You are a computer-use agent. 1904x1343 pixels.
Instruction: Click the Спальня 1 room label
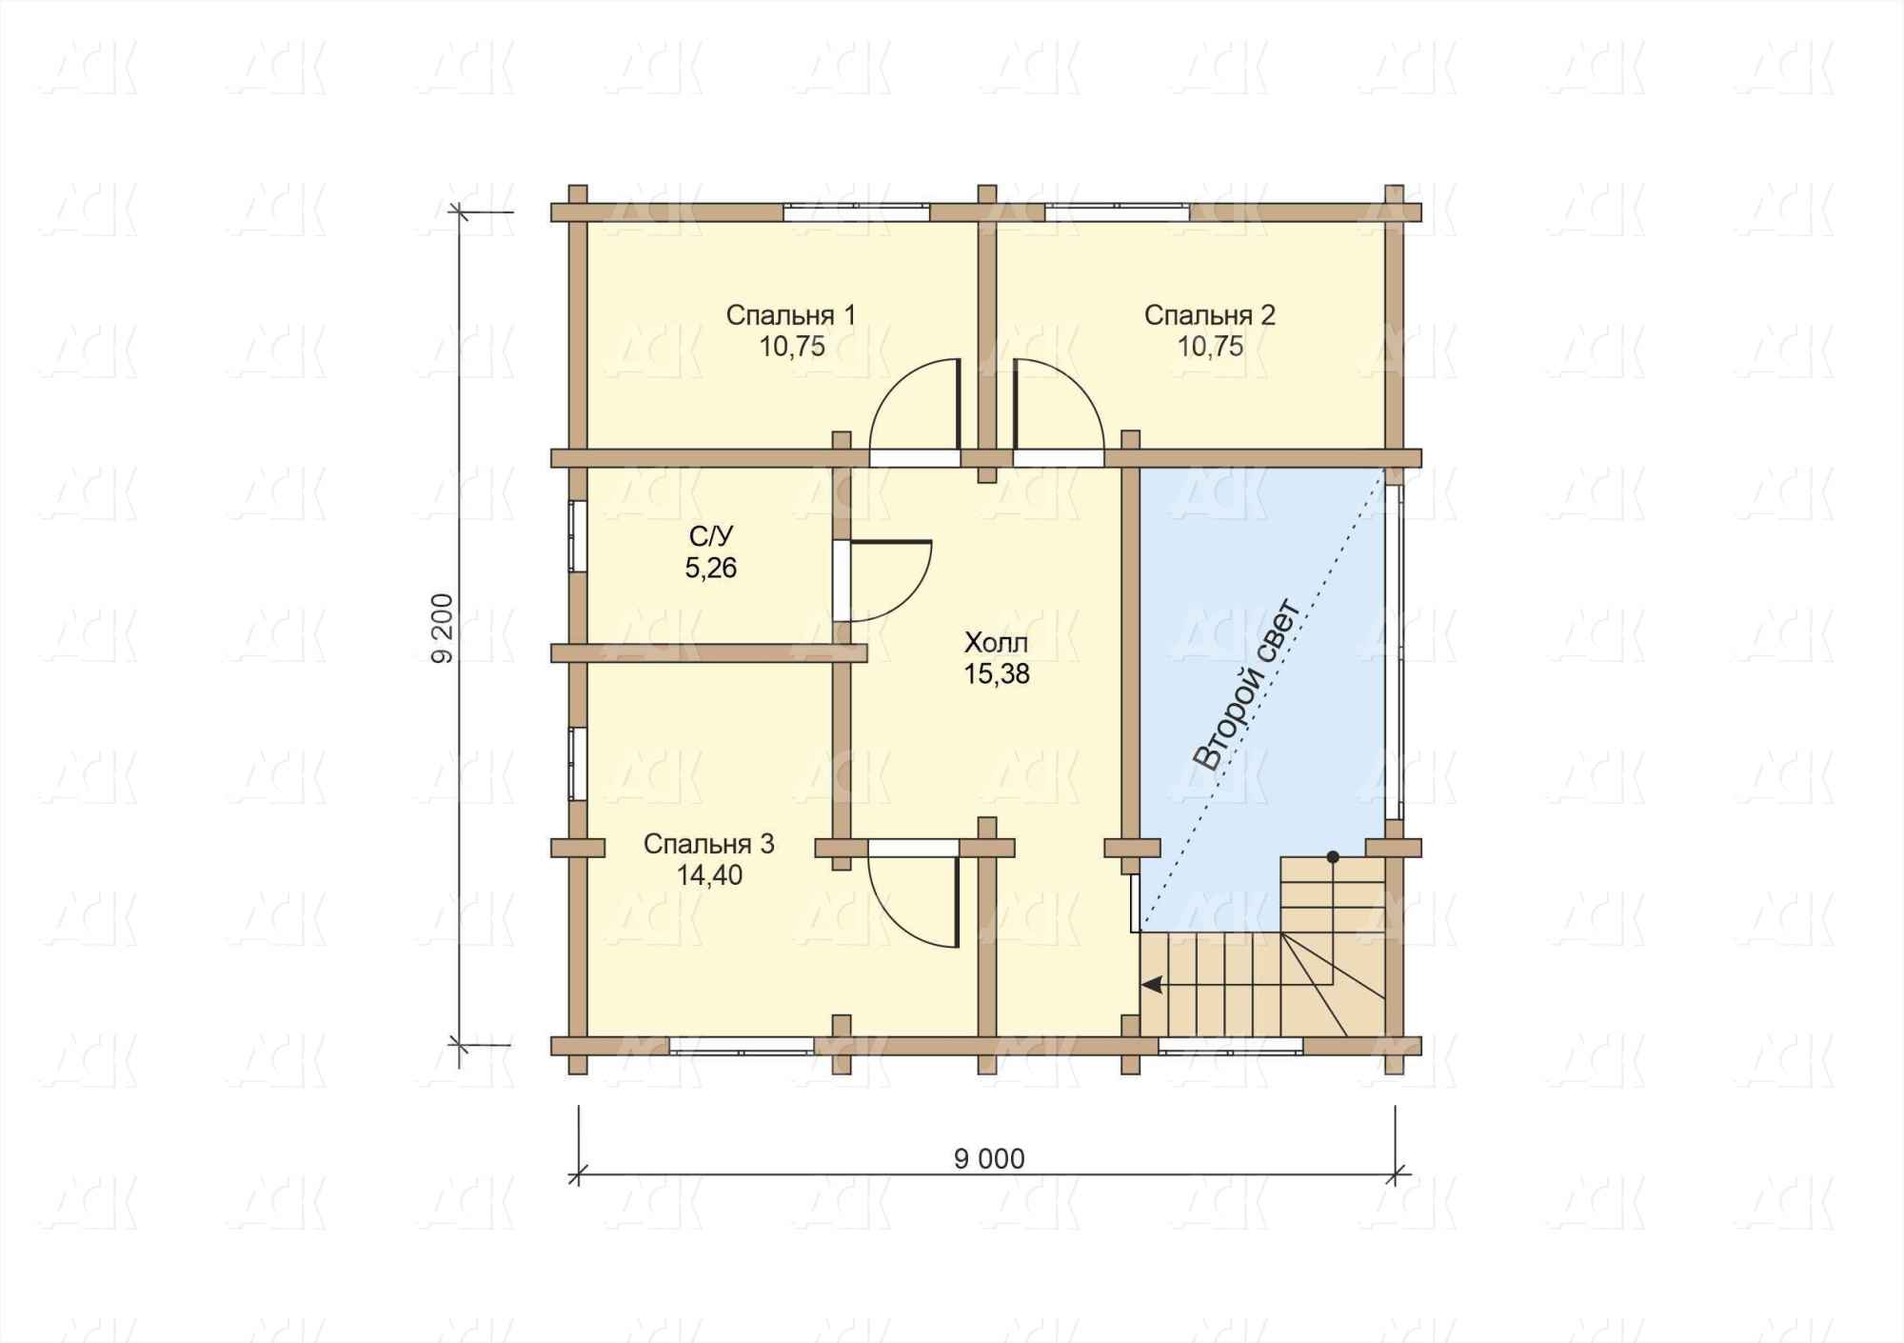coord(790,315)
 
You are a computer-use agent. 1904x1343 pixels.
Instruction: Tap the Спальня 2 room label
coord(1209,315)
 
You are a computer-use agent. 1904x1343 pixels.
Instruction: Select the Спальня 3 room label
coord(708,844)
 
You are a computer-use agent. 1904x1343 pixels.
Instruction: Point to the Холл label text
coord(996,642)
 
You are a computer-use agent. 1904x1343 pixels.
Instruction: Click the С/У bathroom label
coord(710,537)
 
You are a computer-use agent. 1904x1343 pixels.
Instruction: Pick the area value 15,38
coord(997,674)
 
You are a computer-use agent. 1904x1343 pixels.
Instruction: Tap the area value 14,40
coord(709,875)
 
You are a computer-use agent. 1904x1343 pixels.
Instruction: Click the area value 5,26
coord(710,569)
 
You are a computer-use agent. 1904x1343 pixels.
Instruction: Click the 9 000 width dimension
coord(989,1158)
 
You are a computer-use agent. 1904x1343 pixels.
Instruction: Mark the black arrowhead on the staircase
coord(1152,985)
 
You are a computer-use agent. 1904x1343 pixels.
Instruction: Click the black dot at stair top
coord(1333,857)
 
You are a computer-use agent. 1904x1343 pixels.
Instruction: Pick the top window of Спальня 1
coord(856,212)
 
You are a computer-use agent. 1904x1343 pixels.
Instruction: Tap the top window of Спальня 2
coord(1117,212)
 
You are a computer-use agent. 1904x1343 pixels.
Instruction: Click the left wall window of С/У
coord(577,536)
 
